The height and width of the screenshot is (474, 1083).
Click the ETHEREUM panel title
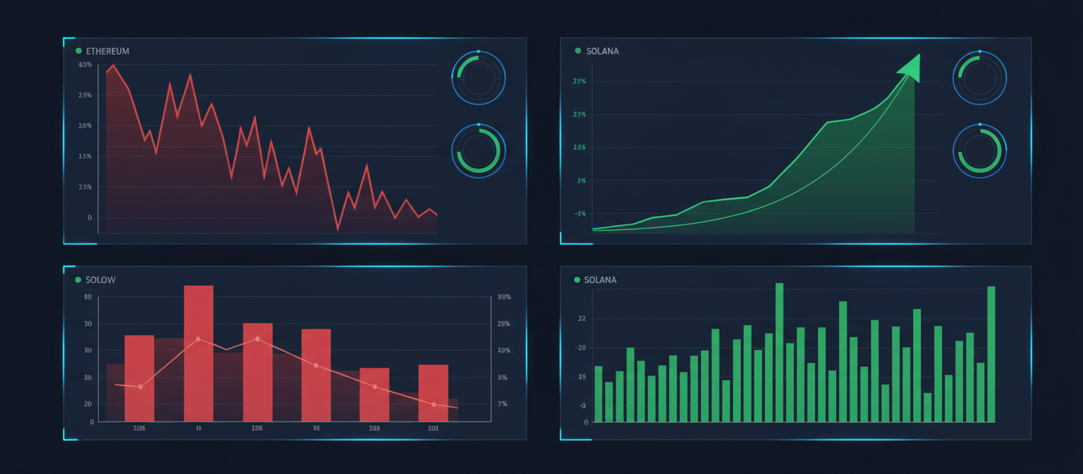107,51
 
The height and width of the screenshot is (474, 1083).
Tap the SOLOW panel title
100,280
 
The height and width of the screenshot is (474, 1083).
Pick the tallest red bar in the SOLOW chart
198,353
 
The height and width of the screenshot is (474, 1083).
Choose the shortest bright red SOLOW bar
374,394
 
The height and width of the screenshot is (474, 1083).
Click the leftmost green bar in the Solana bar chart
598,394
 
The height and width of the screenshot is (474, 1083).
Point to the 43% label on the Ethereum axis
85,65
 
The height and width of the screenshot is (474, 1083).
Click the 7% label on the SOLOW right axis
503,403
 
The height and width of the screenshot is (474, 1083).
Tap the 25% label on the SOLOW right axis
503,324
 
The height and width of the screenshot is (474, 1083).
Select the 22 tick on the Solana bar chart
582,319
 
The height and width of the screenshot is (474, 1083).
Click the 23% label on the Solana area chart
580,114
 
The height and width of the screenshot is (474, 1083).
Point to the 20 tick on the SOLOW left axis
88,403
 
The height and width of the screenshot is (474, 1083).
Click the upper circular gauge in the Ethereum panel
478,78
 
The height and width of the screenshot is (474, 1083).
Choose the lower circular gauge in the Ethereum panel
478,151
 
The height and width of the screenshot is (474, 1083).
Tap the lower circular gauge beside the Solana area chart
979,151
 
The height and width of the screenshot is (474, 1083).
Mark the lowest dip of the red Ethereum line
338,230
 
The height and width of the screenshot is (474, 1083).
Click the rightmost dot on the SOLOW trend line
434,404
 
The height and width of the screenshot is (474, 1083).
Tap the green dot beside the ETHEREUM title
78,51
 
